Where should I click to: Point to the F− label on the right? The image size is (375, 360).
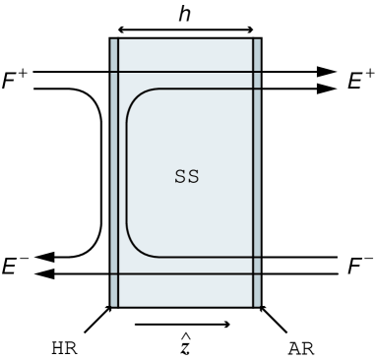pos(360,264)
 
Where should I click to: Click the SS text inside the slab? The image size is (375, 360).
pos(185,179)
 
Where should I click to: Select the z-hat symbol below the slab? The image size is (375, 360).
pos(183,345)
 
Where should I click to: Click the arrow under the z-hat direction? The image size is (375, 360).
pos(183,324)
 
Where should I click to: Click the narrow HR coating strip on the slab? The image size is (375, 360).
pos(114,172)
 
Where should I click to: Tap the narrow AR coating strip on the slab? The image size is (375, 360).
pos(257,172)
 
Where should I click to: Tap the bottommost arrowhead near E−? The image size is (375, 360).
pos(47,274)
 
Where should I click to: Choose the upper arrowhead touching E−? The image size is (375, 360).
pos(47,258)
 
